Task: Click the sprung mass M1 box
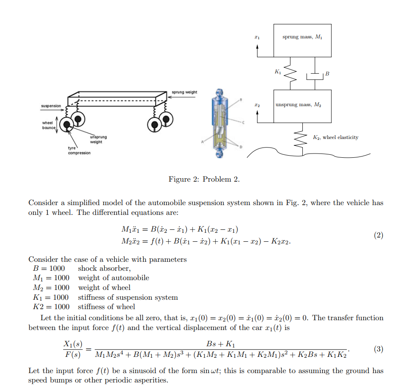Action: [x=302, y=41]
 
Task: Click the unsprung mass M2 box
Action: [x=302, y=106]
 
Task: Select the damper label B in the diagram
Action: [x=327, y=74]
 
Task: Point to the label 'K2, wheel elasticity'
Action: [x=335, y=137]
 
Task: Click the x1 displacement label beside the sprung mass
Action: [x=257, y=38]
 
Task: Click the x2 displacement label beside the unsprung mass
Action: [x=257, y=104]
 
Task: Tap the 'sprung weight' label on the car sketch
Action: [x=185, y=92]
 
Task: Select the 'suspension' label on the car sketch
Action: [x=51, y=106]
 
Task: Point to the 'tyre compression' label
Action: [x=79, y=151]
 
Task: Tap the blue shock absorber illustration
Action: [x=220, y=124]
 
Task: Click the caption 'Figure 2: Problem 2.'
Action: [x=204, y=179]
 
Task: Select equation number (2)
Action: [x=378, y=235]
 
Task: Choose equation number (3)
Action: [x=378, y=349]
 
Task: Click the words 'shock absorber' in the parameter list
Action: [x=104, y=268]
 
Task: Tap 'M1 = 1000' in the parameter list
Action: [x=51, y=278]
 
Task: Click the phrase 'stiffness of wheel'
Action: [x=106, y=307]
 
